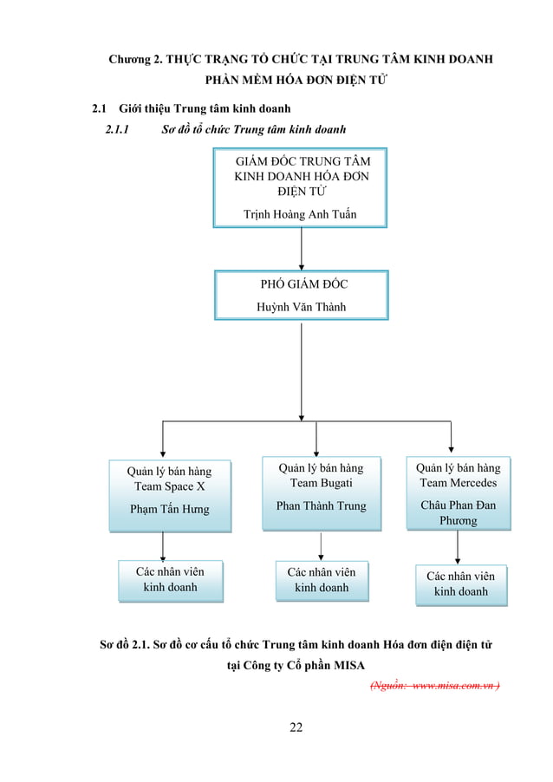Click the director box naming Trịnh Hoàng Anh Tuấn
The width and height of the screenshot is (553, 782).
(x=300, y=187)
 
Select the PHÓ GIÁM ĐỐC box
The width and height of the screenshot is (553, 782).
(x=301, y=295)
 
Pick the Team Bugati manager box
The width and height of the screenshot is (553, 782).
(x=322, y=492)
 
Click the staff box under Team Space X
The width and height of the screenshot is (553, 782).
(x=170, y=581)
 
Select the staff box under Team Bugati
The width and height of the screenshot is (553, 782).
(x=322, y=581)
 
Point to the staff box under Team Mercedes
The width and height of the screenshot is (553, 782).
(x=461, y=584)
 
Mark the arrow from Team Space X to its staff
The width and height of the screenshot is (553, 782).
(x=164, y=545)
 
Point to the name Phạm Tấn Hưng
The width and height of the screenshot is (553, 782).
(x=169, y=509)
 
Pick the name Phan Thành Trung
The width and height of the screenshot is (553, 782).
(x=322, y=505)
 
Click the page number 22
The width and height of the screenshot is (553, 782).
(x=296, y=727)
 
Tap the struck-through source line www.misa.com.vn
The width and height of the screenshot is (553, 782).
(x=434, y=684)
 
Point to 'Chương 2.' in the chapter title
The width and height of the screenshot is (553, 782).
(x=134, y=60)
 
